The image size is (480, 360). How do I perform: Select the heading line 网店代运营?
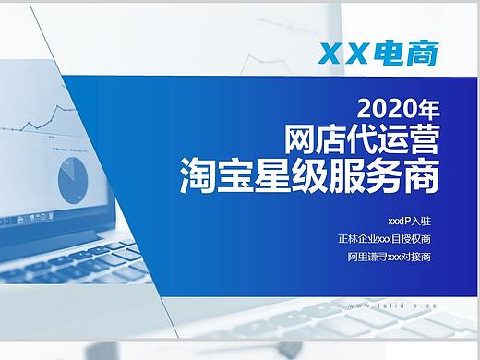point(363,139)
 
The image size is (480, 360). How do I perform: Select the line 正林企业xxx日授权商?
point(384,239)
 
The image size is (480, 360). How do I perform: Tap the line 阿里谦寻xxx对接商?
point(389,256)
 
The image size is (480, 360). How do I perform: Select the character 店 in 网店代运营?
point(333,139)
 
